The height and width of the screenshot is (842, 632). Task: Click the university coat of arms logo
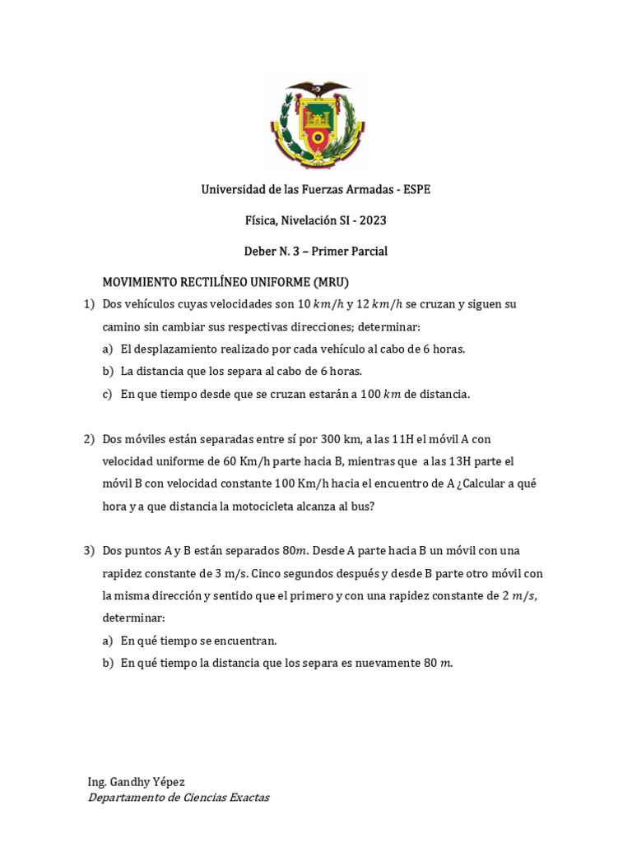[316, 123]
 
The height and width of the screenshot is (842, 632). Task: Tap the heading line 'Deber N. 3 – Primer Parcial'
[316, 251]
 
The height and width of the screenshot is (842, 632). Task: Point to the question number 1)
[89, 304]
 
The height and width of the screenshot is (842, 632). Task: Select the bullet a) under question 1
[107, 349]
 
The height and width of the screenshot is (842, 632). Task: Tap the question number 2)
[89, 439]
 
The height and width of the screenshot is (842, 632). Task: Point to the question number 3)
[89, 550]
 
